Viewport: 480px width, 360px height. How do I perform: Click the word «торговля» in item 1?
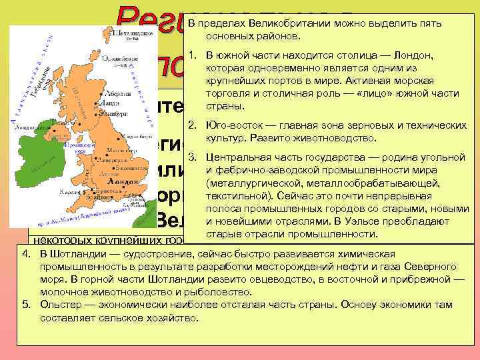pos(227,93)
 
